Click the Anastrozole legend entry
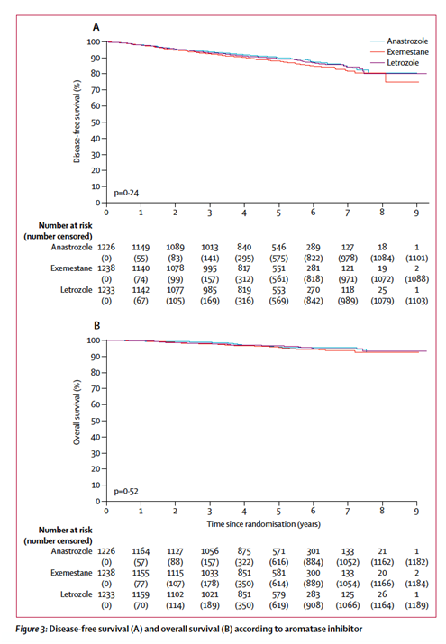tap(399, 41)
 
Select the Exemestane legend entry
tap(399, 51)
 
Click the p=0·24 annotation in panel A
tap(126, 193)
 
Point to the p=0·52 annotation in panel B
tap(126, 491)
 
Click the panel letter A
tap(96, 27)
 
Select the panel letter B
tap(97, 326)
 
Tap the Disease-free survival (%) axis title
tap(77, 122)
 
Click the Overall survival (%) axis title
tap(77, 412)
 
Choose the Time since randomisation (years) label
tap(264, 524)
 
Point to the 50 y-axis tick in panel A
tap(96, 122)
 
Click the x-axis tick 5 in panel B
tap(278, 512)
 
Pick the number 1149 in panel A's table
tap(141, 248)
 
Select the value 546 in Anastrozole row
tap(278, 248)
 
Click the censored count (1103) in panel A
tap(417, 301)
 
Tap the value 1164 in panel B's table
tap(141, 551)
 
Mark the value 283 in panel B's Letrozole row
tap(313, 594)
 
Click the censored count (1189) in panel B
tap(417, 605)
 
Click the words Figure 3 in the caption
tap(32, 630)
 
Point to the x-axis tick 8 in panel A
tap(382, 213)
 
